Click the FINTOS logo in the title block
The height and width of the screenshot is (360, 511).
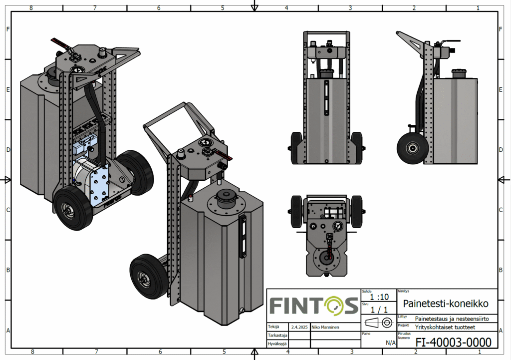pos(314,306)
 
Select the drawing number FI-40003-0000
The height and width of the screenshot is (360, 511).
pos(453,342)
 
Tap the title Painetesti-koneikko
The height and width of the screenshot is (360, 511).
pos(446,303)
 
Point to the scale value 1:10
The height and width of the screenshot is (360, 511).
pos(379,297)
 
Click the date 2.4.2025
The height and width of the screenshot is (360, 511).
pos(299,327)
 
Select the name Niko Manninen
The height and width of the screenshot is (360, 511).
pos(325,327)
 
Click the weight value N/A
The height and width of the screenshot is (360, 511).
pos(390,343)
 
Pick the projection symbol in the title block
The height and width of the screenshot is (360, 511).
pos(379,323)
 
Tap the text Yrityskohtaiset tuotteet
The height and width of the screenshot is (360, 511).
pos(445,327)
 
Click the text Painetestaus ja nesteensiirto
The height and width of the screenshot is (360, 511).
pos(452,319)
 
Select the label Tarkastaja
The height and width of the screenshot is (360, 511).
pos(277,335)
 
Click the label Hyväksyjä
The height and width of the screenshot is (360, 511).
pos(277,344)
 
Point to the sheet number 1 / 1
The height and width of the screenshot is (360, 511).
pos(379,310)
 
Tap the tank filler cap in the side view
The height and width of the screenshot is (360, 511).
pos(460,73)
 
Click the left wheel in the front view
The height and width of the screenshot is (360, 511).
pos(296,148)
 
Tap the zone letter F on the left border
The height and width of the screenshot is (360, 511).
pos(8,29)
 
